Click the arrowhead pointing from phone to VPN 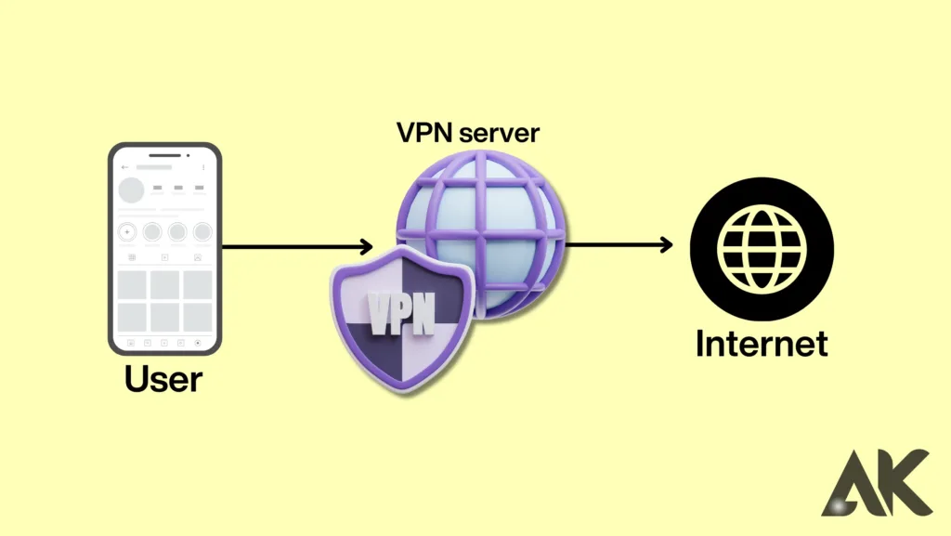point(365,247)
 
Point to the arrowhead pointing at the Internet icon point(667,245)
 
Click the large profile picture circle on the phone point(131,190)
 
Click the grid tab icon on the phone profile point(132,257)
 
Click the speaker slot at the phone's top point(164,151)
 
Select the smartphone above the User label point(164,248)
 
